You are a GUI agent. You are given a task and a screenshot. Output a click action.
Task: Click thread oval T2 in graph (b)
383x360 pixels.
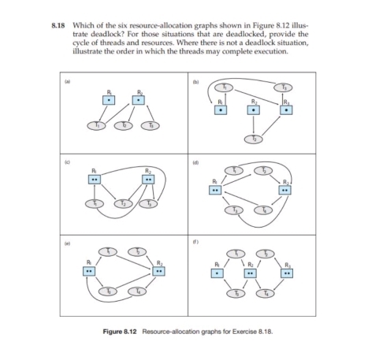[x=252, y=139]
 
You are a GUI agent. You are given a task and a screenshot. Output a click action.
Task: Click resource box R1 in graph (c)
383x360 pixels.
[x=95, y=179]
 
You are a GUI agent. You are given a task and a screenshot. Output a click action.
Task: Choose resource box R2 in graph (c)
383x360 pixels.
[x=147, y=179]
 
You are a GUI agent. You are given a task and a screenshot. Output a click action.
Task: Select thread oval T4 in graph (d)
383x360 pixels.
[x=265, y=210]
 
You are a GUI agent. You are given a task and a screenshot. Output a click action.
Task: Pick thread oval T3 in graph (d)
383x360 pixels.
[x=233, y=210]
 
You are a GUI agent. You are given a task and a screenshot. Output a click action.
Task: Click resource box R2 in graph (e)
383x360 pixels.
[x=160, y=270]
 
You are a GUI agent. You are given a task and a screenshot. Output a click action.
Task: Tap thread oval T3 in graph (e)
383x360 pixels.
[x=110, y=291]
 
